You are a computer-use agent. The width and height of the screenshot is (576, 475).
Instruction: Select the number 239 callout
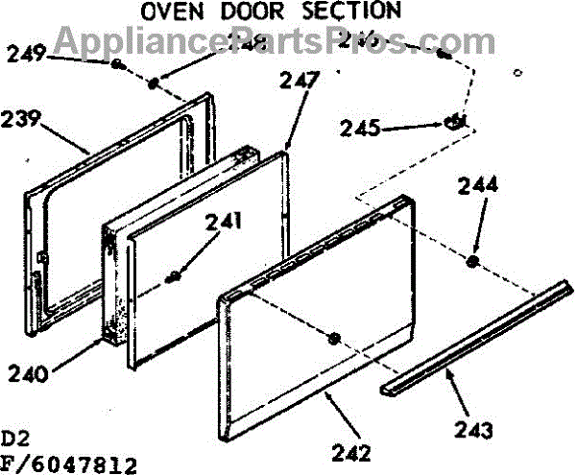(22, 121)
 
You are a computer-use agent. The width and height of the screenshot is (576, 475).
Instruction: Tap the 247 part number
(300, 82)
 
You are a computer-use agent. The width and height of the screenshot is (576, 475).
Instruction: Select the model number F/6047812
(69, 465)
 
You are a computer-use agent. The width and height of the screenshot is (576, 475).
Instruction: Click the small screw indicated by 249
(116, 64)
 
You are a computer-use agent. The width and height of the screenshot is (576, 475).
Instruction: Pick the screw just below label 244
(474, 261)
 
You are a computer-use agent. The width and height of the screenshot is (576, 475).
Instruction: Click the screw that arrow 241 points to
(174, 278)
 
